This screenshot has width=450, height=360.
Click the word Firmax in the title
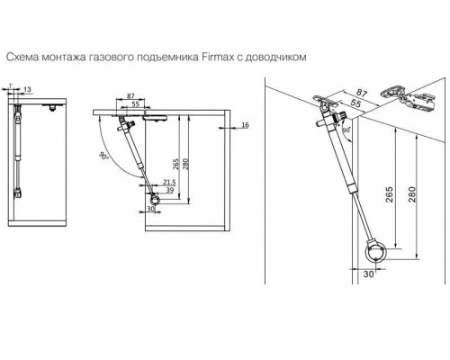pos(216,57)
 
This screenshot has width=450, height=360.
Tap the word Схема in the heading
pos(22,57)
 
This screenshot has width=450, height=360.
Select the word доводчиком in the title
pos(276,57)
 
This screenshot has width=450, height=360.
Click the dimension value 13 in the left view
pos(27,89)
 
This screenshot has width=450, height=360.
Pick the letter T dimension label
pos(11,86)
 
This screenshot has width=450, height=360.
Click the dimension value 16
pos(245,125)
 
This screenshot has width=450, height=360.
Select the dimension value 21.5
pos(169,182)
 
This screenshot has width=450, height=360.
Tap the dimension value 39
pos(170,190)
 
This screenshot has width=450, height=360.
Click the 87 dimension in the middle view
pos(130,96)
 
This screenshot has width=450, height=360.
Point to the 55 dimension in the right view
pos(355,103)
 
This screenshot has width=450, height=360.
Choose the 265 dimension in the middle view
pos(176,164)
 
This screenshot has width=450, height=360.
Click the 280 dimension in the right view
pos(412,194)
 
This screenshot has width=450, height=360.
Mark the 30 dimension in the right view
pos(369,274)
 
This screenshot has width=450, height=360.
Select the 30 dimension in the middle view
pos(150,209)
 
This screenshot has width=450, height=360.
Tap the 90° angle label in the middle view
pos(103,156)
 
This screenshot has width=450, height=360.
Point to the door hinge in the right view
pos(408,98)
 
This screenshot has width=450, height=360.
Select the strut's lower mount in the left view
pos(18,193)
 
